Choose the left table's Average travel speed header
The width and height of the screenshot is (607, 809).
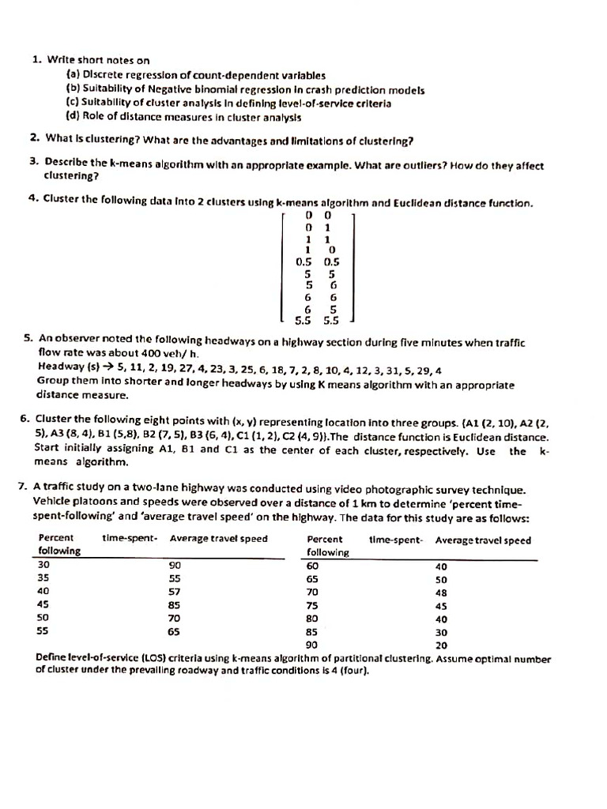(x=219, y=540)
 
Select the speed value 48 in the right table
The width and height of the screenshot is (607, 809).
(x=441, y=592)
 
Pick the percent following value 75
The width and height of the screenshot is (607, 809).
(x=313, y=606)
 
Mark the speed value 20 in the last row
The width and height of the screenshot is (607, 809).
(x=441, y=645)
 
